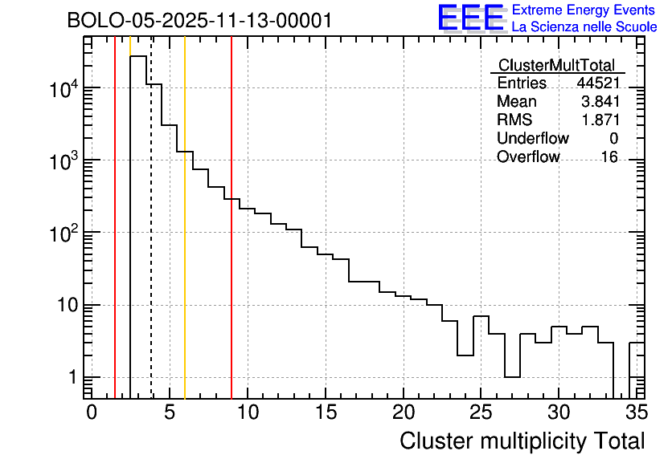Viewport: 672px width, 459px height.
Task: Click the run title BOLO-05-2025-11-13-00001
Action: click(x=199, y=21)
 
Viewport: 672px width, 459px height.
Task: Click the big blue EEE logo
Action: click(x=471, y=18)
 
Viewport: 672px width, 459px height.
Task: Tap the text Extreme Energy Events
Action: click(x=584, y=10)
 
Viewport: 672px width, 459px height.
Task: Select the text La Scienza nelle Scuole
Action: click(x=584, y=27)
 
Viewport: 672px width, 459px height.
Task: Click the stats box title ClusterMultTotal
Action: click(x=556, y=66)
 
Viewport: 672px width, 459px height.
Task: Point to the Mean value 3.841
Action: click(x=600, y=102)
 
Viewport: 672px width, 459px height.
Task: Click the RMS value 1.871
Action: click(x=600, y=120)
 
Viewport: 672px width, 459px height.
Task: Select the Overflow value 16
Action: click(x=609, y=157)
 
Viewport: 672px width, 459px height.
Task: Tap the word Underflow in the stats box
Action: click(x=532, y=139)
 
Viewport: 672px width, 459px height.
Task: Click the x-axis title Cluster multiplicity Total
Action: click(x=522, y=441)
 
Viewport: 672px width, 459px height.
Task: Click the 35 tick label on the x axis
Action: click(x=636, y=412)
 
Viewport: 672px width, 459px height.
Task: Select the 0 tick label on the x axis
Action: click(x=92, y=412)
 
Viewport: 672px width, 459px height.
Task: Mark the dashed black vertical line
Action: click(x=151, y=241)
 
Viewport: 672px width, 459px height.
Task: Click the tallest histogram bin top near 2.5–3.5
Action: click(x=138, y=57)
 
